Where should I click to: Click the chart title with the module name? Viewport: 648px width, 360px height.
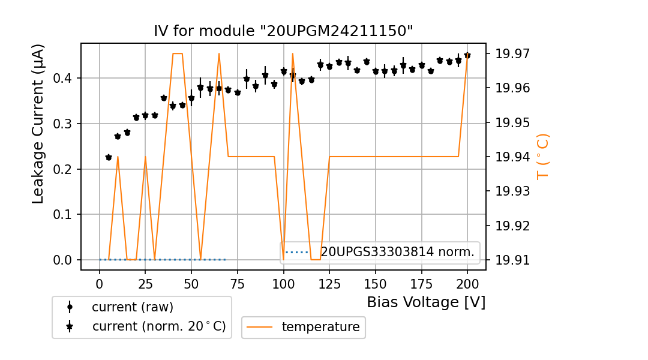[283, 31]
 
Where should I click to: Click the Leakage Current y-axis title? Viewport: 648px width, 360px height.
[38, 124]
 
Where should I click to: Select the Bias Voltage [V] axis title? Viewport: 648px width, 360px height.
[426, 302]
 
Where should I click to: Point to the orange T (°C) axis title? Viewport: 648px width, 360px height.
[543, 156]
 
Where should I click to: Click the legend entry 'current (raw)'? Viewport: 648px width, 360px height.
[132, 307]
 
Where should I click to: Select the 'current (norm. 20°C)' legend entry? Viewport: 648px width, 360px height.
[158, 326]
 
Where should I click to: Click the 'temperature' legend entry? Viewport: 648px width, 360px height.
[320, 327]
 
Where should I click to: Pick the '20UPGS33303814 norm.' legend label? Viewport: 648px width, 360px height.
[397, 252]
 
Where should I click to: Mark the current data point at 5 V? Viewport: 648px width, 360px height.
[109, 157]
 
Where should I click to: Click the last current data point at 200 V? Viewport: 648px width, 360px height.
[467, 55]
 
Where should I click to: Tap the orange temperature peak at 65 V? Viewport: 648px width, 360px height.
[219, 53]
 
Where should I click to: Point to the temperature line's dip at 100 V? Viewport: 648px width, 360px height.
[283, 259]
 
